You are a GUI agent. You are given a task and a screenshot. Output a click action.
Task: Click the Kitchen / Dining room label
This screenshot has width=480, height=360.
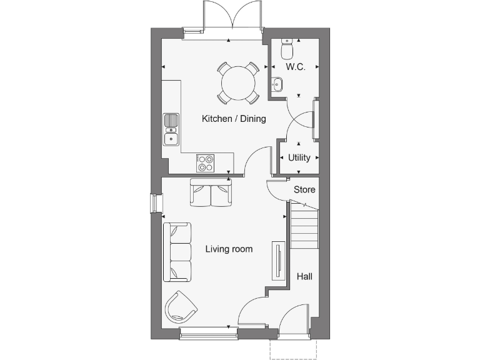point(234,119)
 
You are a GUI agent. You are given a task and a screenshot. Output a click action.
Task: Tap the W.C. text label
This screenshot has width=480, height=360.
point(295,67)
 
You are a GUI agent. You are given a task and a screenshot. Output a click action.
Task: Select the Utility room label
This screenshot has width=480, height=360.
point(299,157)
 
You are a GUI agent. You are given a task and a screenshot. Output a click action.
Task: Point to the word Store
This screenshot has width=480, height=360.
point(304,189)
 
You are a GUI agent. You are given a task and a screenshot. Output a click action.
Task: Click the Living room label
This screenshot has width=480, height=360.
point(229,249)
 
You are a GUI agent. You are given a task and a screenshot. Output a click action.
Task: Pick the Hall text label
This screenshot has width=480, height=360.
point(304,276)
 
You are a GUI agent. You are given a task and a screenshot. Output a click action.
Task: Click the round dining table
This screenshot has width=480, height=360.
point(238,82)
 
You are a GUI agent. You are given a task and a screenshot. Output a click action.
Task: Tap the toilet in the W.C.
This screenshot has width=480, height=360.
point(287,48)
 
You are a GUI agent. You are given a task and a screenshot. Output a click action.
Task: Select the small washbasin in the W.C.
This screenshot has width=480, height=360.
point(277,81)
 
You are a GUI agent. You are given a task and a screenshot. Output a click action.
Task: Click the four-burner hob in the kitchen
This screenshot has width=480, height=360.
point(206,162)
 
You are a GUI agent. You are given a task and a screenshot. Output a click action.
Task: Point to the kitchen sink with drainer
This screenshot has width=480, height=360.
point(171,129)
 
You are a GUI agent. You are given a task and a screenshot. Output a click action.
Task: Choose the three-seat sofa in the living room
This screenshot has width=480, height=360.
point(177,252)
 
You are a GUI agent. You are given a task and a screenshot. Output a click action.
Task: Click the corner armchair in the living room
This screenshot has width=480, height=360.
point(181,307)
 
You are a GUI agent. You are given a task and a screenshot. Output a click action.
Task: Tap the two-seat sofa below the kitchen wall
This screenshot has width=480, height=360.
point(211,192)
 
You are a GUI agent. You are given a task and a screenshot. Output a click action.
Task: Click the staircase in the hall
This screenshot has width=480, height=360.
point(304,228)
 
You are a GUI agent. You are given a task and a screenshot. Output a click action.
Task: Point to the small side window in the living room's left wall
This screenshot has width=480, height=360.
point(153,204)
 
